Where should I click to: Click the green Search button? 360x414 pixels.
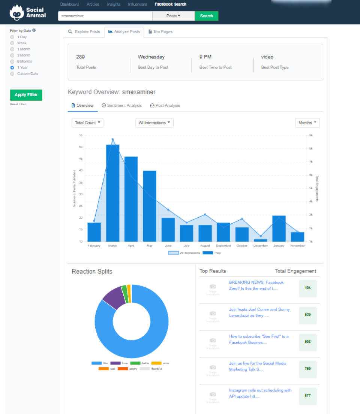(x=206, y=16)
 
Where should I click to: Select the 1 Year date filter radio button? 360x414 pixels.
(x=12, y=67)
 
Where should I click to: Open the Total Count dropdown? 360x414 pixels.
(x=87, y=123)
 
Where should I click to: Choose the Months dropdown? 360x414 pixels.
(x=307, y=123)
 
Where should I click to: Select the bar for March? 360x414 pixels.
(x=112, y=193)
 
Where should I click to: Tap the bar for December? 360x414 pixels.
(x=261, y=240)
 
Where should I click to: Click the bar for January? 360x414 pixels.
(x=279, y=229)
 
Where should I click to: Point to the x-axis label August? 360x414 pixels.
(x=205, y=246)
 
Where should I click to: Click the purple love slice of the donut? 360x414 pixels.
(x=114, y=298)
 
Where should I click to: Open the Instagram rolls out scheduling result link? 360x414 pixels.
(x=260, y=393)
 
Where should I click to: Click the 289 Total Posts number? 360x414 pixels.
(x=80, y=57)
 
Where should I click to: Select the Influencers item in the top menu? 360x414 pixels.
(x=137, y=4)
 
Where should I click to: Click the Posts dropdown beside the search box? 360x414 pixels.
(x=173, y=16)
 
